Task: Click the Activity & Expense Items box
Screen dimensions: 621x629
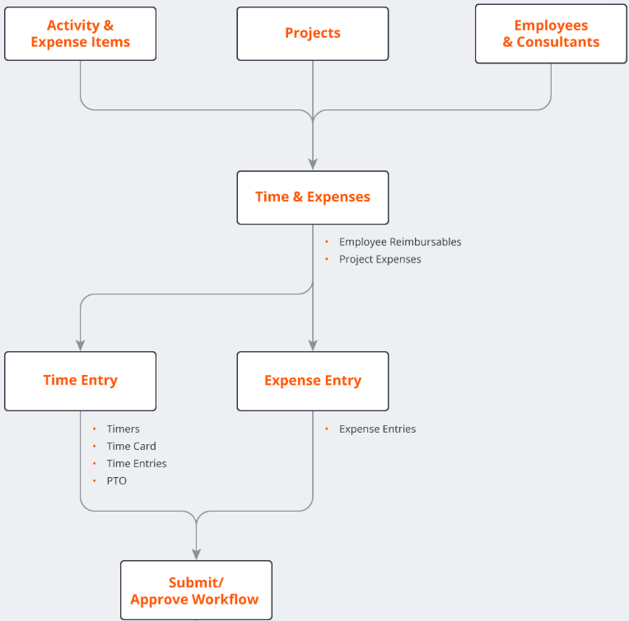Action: tap(80, 34)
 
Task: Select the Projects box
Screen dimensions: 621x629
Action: tap(313, 34)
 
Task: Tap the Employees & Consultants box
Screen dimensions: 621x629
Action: tap(551, 34)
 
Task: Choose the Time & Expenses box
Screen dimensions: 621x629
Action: tap(313, 197)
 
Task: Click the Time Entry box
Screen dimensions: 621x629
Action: tap(80, 381)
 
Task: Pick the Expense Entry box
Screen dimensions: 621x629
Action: tap(313, 381)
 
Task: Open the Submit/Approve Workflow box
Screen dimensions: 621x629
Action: tap(196, 591)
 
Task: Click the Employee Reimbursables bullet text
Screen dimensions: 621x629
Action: tap(400, 242)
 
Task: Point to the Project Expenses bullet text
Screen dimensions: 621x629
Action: tap(380, 259)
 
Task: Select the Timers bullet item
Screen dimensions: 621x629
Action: tap(123, 429)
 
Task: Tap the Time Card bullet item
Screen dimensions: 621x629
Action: tap(131, 446)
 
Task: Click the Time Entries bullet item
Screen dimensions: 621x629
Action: tap(137, 463)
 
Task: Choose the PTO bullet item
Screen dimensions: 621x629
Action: tap(117, 480)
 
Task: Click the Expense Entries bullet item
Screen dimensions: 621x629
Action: tap(377, 429)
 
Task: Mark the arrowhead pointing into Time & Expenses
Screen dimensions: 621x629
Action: tap(313, 165)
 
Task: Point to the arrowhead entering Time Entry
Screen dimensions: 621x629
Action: tap(80, 345)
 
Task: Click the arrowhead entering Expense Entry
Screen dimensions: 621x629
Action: tap(313, 345)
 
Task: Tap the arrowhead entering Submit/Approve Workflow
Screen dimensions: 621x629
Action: tap(196, 554)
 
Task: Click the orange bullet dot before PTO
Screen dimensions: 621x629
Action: tap(95, 480)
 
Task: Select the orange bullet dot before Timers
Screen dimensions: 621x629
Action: tap(95, 429)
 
